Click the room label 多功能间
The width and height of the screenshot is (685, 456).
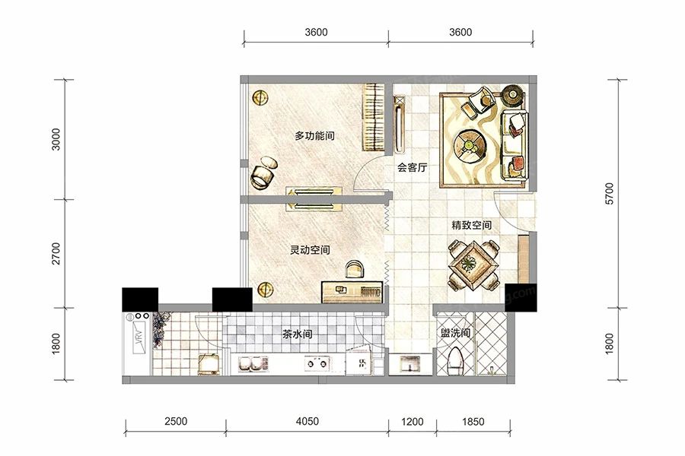pyautogui.click(x=315, y=136)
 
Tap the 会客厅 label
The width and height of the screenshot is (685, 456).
pyautogui.click(x=411, y=169)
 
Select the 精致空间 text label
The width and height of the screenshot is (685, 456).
pyautogui.click(x=471, y=226)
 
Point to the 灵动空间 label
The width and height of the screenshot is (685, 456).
pyautogui.click(x=310, y=249)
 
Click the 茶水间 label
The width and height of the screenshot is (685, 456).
pyautogui.click(x=297, y=334)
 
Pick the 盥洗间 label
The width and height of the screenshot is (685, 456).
pyautogui.click(x=455, y=334)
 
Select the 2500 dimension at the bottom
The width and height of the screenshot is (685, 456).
pyautogui.click(x=175, y=421)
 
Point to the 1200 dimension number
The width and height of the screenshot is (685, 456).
pyautogui.click(x=412, y=421)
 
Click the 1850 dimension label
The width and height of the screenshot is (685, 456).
pyautogui.click(x=472, y=421)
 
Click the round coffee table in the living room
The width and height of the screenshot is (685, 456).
pyautogui.click(x=469, y=144)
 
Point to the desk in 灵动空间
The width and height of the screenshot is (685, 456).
pyautogui.click(x=350, y=291)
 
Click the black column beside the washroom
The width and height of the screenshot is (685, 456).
pyautogui.click(x=521, y=296)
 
